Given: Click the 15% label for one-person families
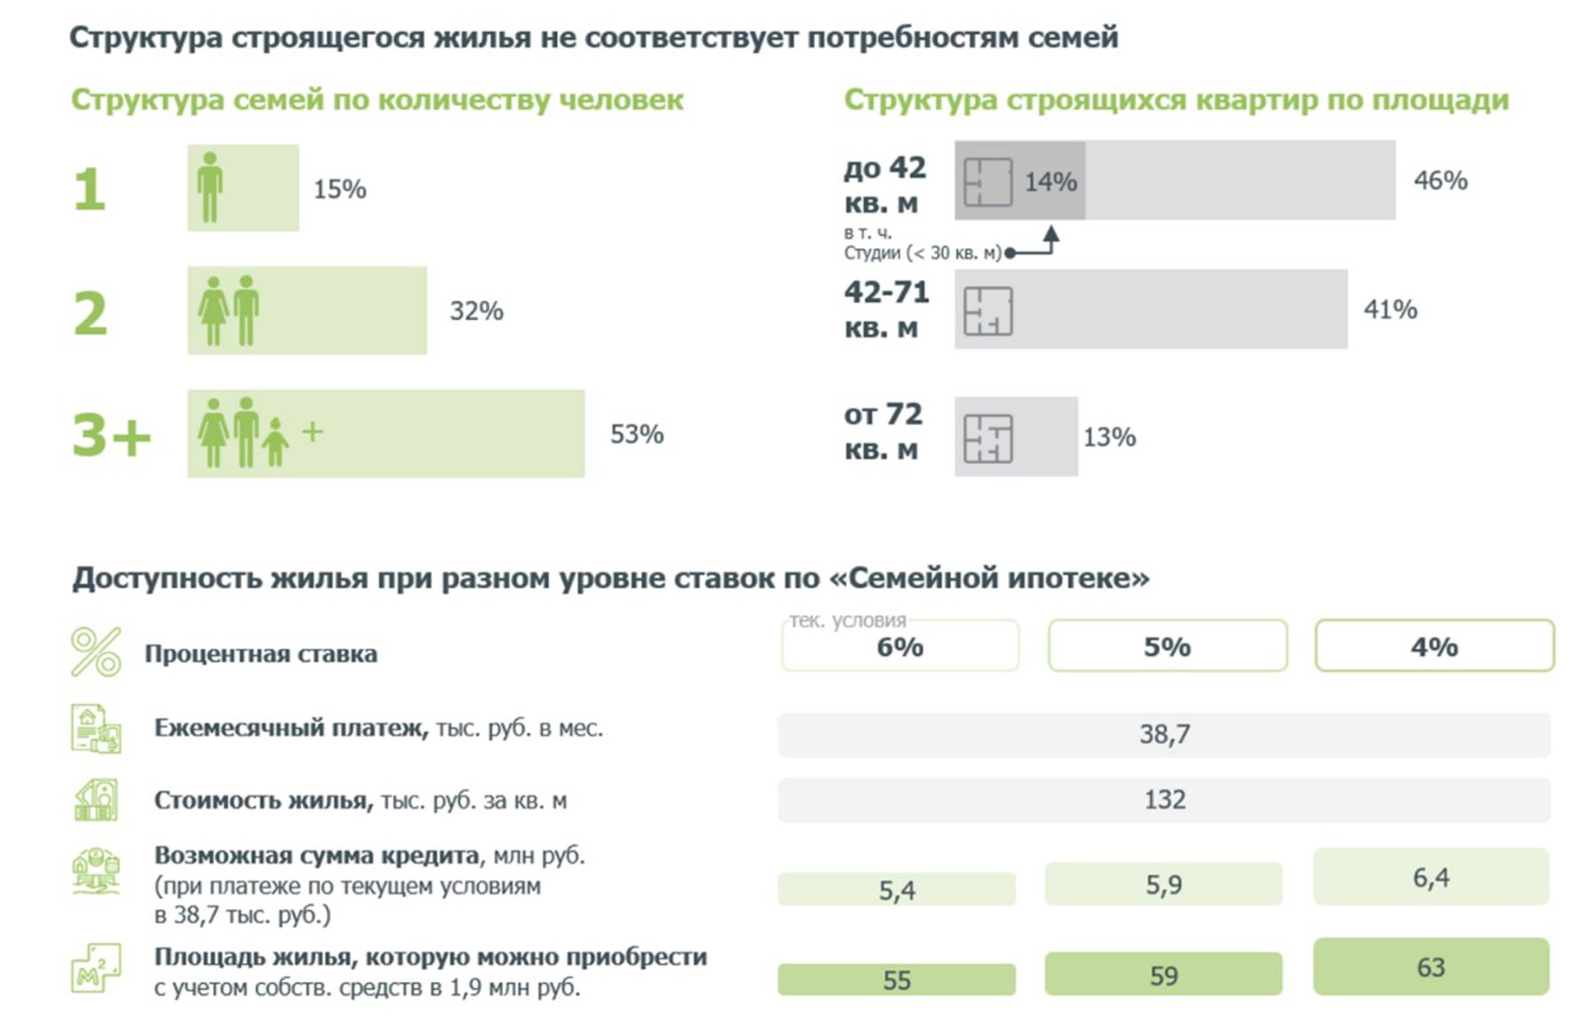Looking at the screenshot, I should click(340, 189).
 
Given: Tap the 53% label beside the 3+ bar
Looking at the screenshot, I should click(636, 434).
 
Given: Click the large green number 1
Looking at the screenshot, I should click(90, 190).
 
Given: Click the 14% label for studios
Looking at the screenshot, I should click(1050, 182).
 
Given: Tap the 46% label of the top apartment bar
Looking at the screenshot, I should click(1440, 181).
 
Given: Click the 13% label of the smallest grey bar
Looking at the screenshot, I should click(1109, 437).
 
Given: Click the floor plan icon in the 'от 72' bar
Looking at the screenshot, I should click(988, 438).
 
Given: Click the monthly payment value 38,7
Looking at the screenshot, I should click(1164, 734).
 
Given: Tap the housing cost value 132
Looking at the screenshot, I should click(1164, 800).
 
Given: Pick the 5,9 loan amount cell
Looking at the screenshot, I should click(1163, 884).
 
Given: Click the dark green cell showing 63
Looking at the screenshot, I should click(1431, 967).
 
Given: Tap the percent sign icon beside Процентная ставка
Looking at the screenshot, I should click(96, 652).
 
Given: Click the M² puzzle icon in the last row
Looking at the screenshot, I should click(96, 967).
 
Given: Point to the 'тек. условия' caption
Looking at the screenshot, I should click(847, 621).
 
